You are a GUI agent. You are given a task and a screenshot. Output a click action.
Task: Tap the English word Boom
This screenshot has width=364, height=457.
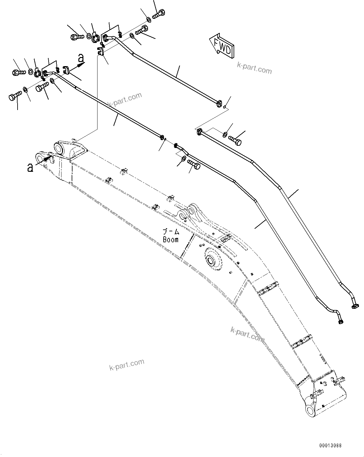point(171,239)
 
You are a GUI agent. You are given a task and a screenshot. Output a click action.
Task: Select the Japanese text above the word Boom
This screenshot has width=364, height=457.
point(171,232)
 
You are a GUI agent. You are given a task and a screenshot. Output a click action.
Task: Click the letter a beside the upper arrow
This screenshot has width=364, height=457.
point(81,58)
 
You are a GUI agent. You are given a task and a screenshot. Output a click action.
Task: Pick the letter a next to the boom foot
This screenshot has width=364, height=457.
point(30,168)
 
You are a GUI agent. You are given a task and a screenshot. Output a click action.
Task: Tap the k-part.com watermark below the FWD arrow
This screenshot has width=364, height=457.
point(254,68)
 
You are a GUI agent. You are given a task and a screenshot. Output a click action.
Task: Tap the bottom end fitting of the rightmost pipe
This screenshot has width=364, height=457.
point(354,306)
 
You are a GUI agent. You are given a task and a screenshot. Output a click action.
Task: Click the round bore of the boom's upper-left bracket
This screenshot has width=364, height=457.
point(59,148)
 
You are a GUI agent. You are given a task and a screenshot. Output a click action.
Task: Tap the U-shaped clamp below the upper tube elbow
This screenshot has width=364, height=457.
point(101,51)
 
